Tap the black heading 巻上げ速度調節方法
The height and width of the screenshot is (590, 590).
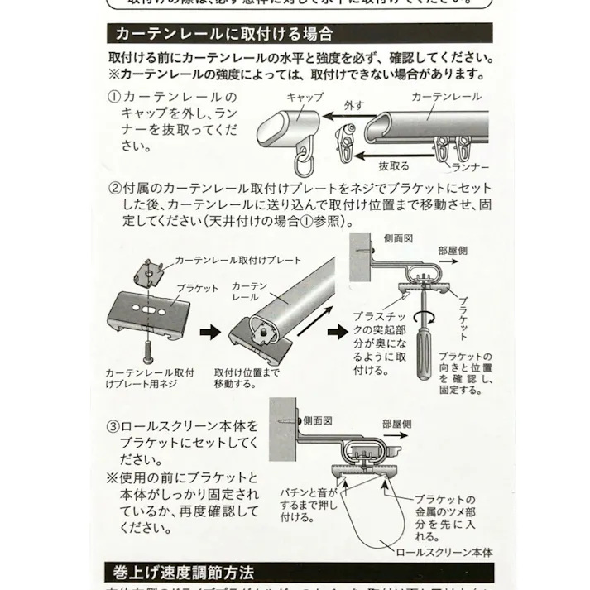[x=184, y=572]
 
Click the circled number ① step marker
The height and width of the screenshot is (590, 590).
[x=115, y=97]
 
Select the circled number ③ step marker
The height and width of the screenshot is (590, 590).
[x=115, y=426]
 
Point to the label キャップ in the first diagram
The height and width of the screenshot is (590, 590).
[x=305, y=97]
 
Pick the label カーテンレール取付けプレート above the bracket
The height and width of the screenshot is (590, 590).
[x=237, y=260]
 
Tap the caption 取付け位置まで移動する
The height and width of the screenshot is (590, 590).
[x=247, y=378]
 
